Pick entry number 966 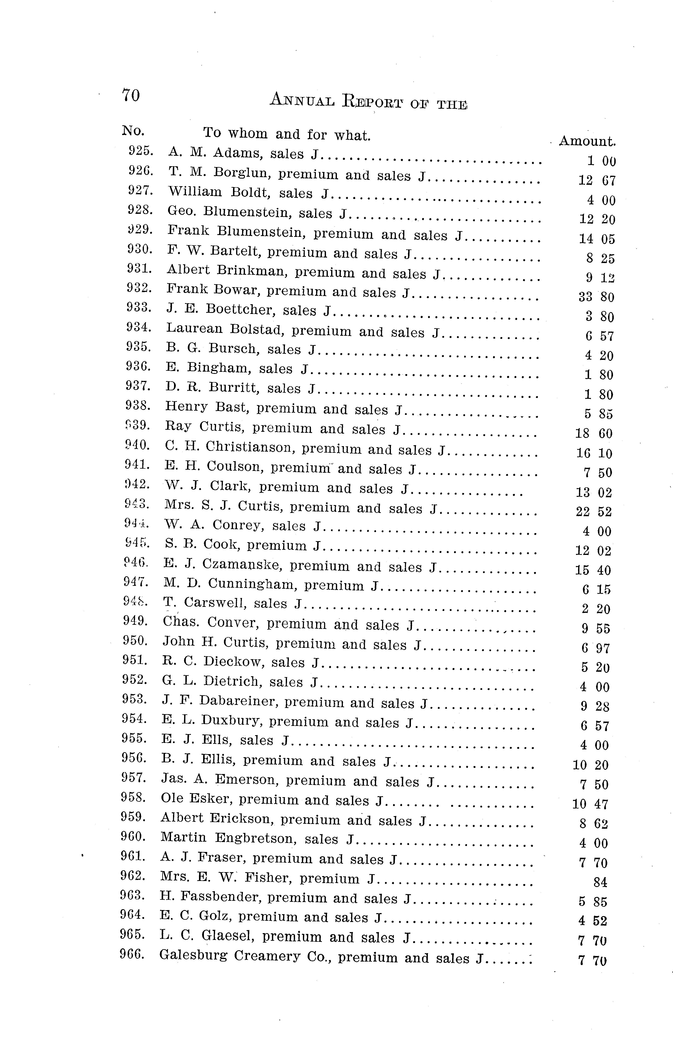[132, 954]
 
